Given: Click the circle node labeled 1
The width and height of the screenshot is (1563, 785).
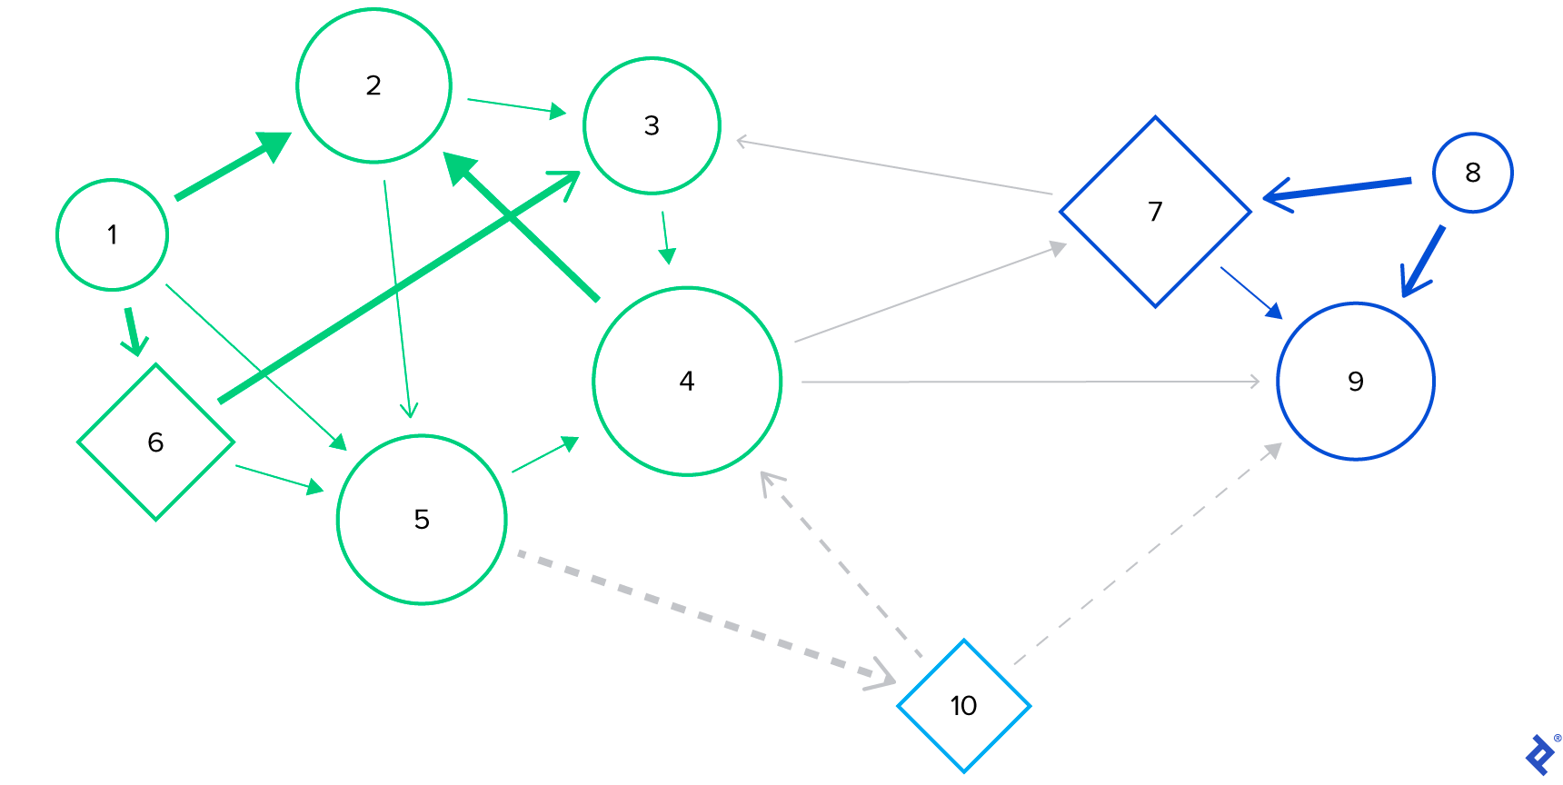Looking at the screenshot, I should click(x=112, y=234).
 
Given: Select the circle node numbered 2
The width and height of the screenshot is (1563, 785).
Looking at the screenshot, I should click(x=373, y=85).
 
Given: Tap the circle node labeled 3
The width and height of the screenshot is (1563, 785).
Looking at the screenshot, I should click(x=652, y=125).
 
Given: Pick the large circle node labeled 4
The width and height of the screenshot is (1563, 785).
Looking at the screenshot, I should click(x=687, y=381).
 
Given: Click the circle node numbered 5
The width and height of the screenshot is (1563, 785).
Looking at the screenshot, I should click(x=422, y=519).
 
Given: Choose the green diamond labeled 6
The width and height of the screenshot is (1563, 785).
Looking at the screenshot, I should click(x=155, y=442).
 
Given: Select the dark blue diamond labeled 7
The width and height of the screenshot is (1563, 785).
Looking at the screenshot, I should click(x=1155, y=212).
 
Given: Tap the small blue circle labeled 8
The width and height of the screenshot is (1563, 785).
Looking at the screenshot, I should click(x=1472, y=173).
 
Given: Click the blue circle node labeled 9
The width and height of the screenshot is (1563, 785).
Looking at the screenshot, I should click(x=1355, y=382).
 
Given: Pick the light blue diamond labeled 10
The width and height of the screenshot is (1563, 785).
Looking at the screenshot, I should click(x=963, y=706).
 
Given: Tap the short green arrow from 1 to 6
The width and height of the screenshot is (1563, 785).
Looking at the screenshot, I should click(x=133, y=331).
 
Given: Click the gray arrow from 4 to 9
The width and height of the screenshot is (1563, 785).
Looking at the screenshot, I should click(x=1027, y=382).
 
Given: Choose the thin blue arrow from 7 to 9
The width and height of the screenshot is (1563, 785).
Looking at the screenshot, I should click(x=1250, y=292).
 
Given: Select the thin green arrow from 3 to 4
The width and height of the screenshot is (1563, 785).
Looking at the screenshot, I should click(x=666, y=236).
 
